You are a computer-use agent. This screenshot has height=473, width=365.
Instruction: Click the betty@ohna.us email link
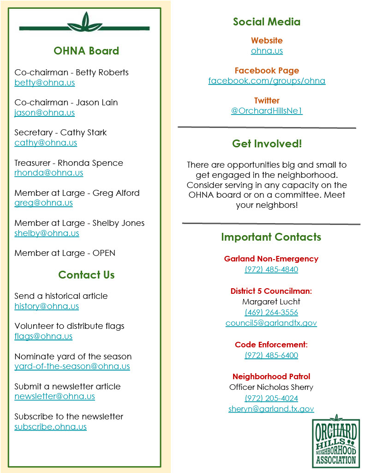pyautogui.click(x=44, y=83)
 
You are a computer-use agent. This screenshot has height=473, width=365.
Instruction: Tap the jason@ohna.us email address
pyautogui.click(x=44, y=113)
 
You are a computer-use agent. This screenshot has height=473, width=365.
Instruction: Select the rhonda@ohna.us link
pyautogui.click(x=48, y=173)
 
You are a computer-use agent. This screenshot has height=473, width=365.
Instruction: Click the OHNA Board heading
pyautogui.click(x=86, y=51)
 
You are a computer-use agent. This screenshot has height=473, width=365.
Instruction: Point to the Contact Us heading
pyautogui.click(x=86, y=275)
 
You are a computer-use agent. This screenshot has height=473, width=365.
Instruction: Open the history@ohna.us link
pyautogui.click(x=47, y=306)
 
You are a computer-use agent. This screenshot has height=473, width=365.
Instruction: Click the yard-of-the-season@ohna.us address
pyautogui.click(x=72, y=367)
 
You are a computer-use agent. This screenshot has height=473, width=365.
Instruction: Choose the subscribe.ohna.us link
pyautogui.click(x=50, y=427)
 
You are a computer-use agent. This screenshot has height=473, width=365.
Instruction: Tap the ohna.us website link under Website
pyautogui.click(x=267, y=51)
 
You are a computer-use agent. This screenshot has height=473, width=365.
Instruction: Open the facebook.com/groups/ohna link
pyautogui.click(x=267, y=81)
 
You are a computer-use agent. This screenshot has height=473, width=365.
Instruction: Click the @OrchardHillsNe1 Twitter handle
pyautogui.click(x=267, y=111)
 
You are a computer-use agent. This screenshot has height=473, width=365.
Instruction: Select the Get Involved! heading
pyautogui.click(x=267, y=144)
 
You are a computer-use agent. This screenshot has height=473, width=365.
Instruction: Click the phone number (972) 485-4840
pyautogui.click(x=271, y=270)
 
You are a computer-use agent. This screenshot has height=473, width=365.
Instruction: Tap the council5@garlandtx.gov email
pyautogui.click(x=271, y=323)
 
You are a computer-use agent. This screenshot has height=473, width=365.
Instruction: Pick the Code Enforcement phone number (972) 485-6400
pyautogui.click(x=271, y=356)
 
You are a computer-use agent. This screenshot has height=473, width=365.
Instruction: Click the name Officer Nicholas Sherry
pyautogui.click(x=271, y=387)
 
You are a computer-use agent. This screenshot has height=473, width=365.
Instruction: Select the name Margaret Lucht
pyautogui.click(x=271, y=302)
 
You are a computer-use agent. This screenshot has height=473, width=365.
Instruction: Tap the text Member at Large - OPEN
pyautogui.click(x=65, y=253)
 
